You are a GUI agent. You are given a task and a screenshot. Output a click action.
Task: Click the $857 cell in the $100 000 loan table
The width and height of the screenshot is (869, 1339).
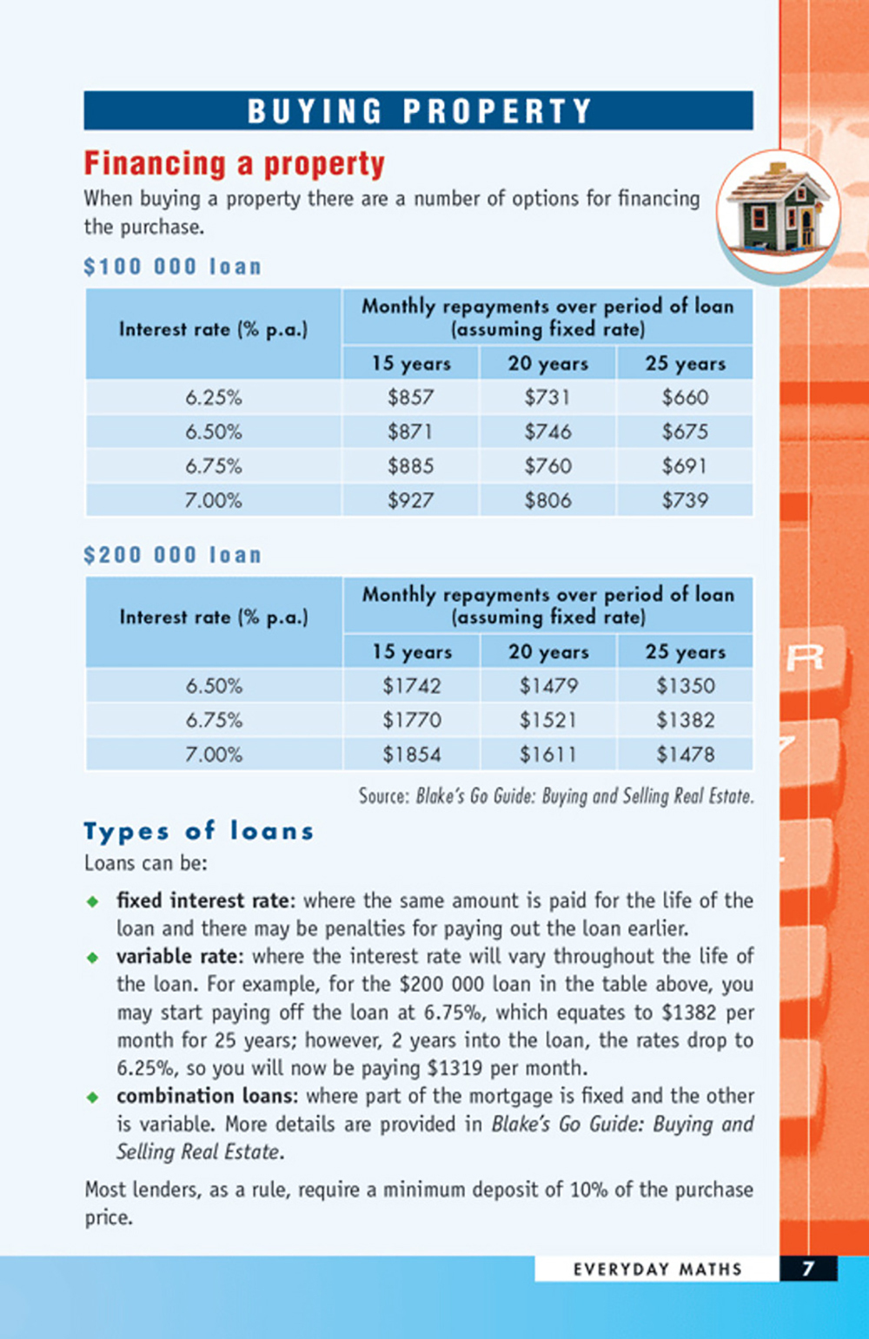410,398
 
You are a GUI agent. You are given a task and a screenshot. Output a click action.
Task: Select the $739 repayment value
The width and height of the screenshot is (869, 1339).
685,500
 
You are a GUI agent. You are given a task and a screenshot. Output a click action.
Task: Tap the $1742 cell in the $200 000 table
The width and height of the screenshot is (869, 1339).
412,686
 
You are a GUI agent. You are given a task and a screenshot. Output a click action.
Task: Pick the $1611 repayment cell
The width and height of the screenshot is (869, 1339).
547,755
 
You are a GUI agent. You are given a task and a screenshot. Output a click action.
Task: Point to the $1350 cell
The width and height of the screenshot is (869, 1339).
685,686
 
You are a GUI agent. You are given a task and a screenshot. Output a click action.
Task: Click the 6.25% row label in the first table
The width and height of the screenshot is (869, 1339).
213,398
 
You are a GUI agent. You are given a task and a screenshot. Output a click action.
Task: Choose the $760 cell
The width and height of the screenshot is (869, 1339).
547,466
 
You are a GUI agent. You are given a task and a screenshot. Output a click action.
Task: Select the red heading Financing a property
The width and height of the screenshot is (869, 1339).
235,163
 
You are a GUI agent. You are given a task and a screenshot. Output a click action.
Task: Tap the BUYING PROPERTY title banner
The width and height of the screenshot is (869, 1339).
418,111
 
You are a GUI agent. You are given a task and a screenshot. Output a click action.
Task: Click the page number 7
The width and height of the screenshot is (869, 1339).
808,1269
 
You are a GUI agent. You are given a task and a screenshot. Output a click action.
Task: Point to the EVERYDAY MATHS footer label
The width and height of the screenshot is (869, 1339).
657,1269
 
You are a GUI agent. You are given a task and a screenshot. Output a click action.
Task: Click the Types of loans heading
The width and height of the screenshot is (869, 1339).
198,831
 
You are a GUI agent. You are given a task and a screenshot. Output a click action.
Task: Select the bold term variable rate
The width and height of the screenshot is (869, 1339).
177,956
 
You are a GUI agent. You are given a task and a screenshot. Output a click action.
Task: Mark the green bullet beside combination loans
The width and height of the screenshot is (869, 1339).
93,1097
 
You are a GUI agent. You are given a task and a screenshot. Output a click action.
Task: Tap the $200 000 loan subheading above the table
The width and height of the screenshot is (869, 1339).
172,555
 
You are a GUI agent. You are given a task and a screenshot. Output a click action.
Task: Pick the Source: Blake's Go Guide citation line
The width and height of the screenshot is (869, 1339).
556,796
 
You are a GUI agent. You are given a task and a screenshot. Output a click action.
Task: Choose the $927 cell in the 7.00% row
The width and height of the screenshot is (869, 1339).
410,500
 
